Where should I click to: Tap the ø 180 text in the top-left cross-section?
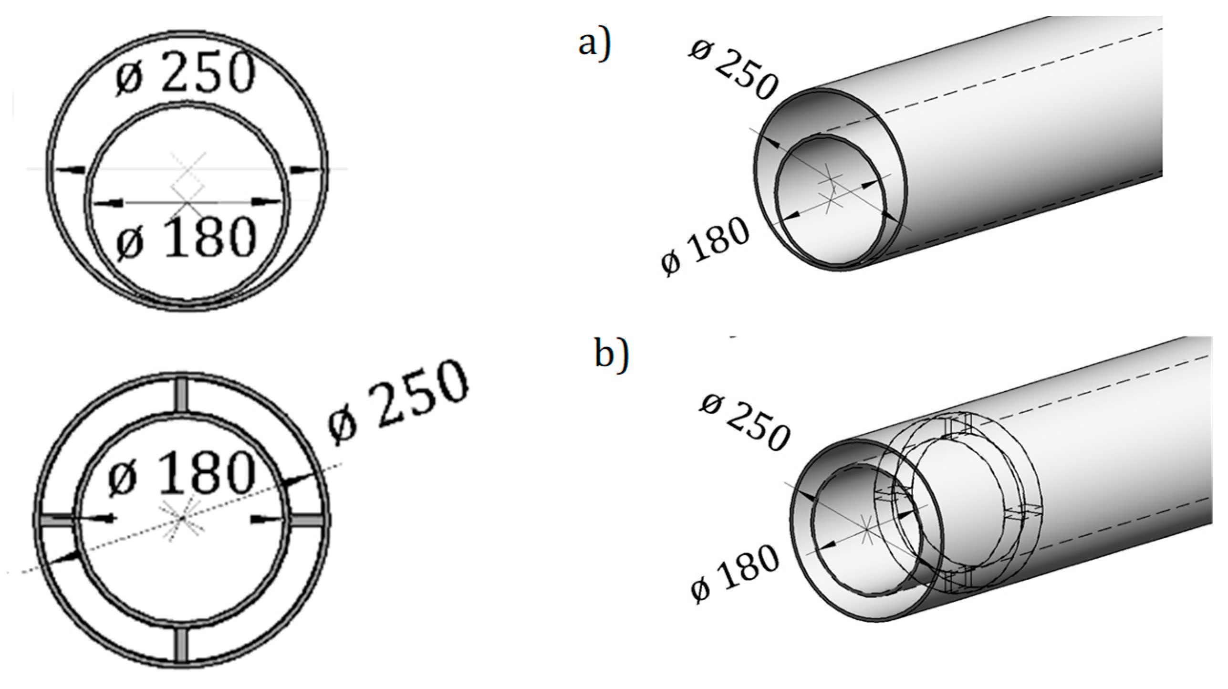[x=187, y=237]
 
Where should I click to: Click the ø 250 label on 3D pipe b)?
[x=744, y=421]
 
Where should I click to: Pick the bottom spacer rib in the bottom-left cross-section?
[x=181, y=645]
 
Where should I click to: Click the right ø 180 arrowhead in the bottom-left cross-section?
[x=264, y=519]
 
